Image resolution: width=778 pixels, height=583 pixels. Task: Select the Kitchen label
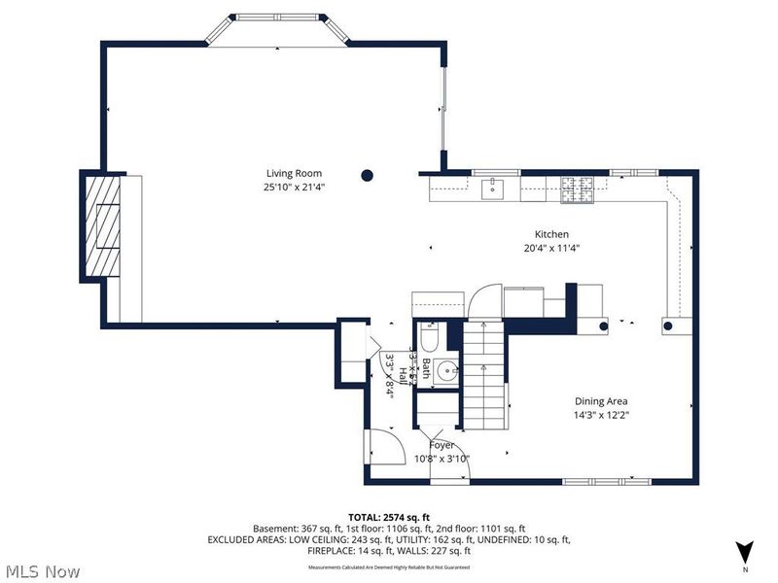coord(551,234)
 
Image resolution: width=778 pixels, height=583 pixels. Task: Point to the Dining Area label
coord(601,401)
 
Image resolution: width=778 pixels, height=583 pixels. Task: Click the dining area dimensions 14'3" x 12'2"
coord(601,415)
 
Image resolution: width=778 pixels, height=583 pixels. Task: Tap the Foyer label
coord(442,445)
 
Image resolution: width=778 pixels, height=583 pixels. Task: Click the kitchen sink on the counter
coord(494,188)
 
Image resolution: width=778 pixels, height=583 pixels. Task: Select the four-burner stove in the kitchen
coord(577,189)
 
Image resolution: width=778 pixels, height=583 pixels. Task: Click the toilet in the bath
coord(432,337)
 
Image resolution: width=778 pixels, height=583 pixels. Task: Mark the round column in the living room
coord(368,176)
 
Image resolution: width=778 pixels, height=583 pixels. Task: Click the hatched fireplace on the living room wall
coord(101,225)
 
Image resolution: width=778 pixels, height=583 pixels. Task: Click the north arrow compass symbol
coord(744,550)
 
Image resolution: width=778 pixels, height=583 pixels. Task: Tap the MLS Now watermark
coord(43,571)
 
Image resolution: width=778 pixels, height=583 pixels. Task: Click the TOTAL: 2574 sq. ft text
coord(388,517)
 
